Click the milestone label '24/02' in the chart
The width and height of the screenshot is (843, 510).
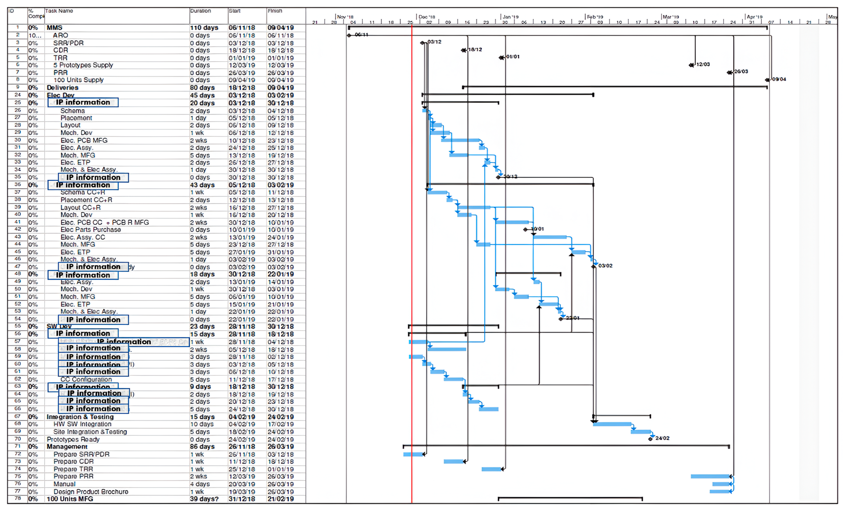coord(662,438)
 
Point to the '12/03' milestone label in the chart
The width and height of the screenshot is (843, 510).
coord(703,64)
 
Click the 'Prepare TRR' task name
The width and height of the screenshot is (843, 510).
coord(73,469)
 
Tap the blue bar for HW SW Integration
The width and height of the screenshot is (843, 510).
coord(612,424)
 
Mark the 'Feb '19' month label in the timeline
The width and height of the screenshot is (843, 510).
coord(595,17)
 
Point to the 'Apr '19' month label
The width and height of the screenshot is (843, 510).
coord(754,17)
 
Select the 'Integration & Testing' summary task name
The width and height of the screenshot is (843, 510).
coord(80,417)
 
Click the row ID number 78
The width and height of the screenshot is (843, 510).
coord(18,498)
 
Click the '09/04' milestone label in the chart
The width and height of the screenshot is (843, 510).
coord(779,79)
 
